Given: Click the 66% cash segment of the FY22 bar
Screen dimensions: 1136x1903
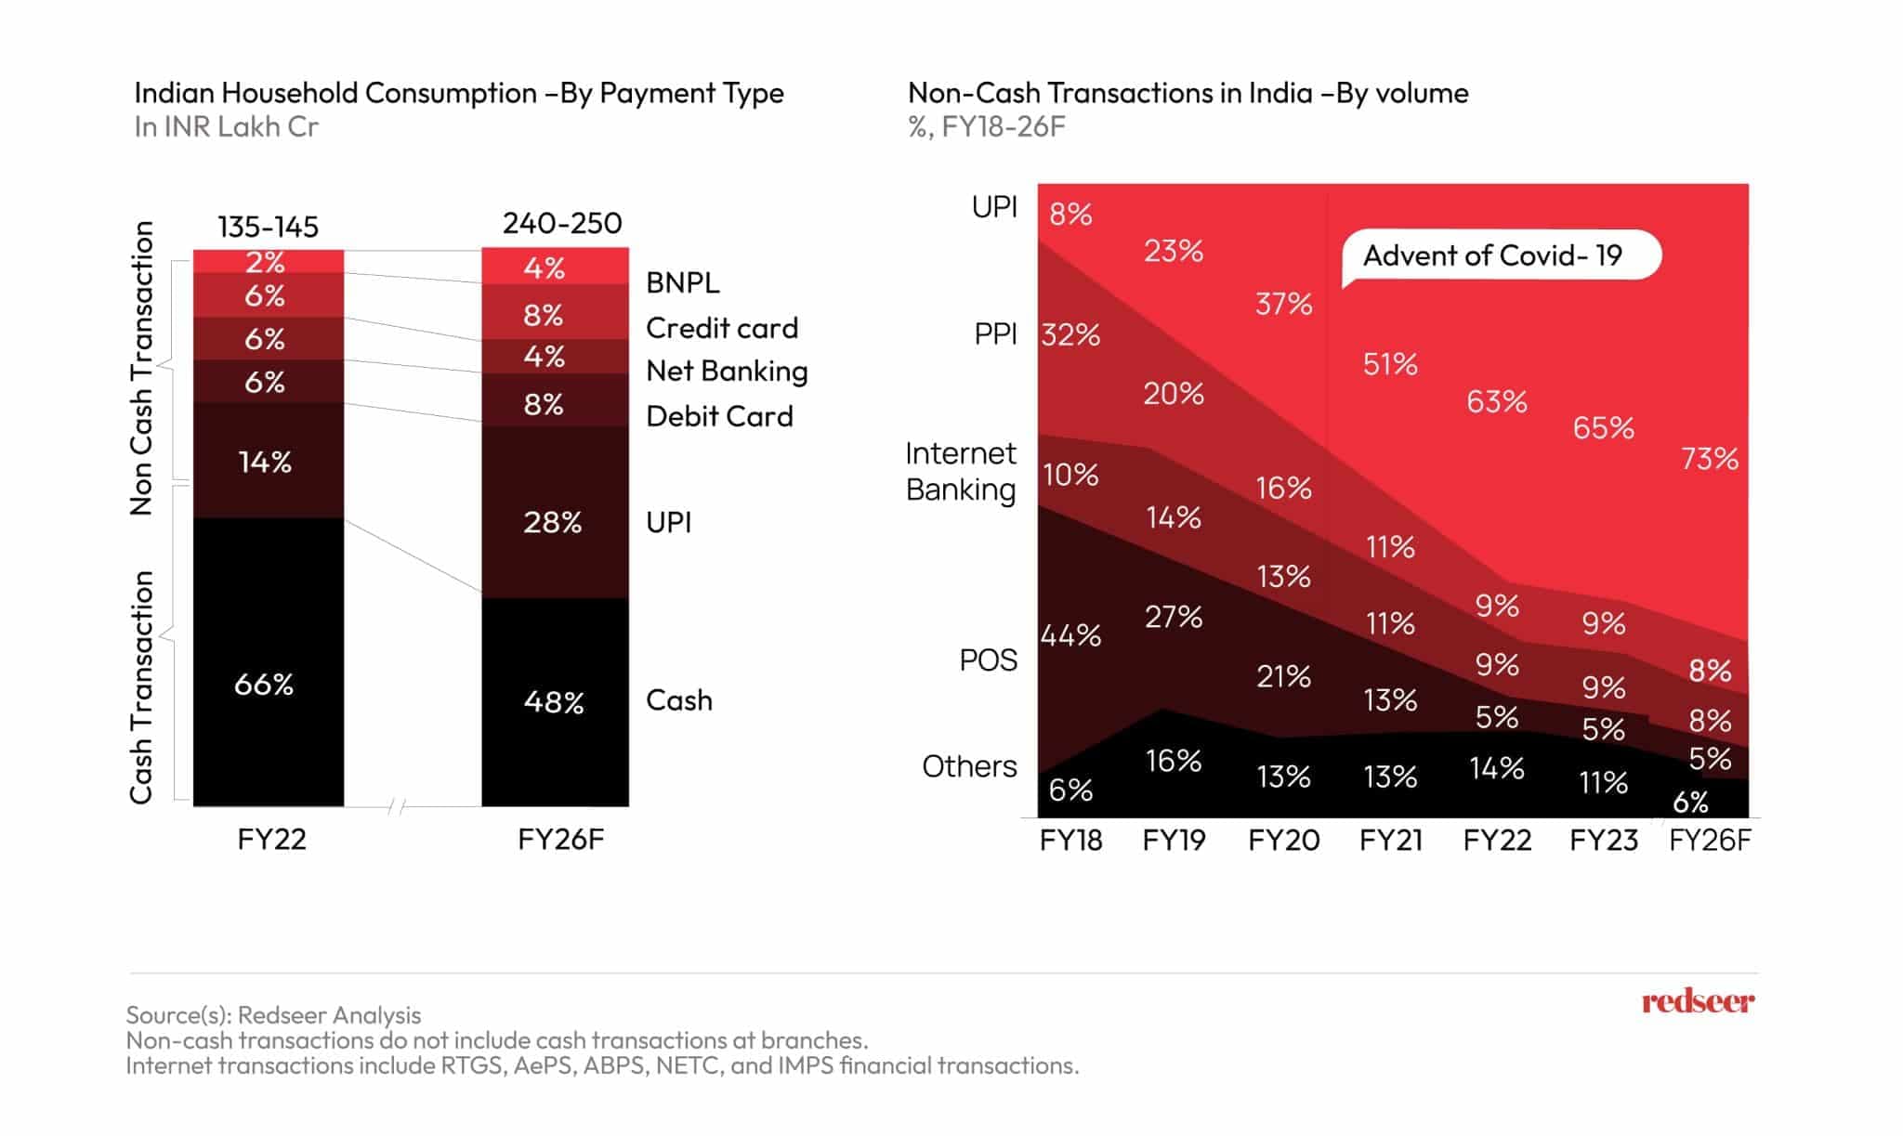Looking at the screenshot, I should (x=265, y=685).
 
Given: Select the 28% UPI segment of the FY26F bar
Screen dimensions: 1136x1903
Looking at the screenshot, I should (x=553, y=522).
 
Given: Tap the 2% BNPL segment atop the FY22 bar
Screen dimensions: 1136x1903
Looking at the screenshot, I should (x=265, y=262).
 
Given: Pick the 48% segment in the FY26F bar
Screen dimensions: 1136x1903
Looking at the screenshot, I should (x=554, y=701).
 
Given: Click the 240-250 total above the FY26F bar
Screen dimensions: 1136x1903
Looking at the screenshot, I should (x=562, y=223).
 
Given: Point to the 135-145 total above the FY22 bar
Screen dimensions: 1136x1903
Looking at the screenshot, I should (x=268, y=227).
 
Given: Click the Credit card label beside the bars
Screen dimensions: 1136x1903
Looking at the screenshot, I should (x=722, y=328).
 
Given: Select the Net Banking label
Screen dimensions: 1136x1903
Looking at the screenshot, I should (x=727, y=371).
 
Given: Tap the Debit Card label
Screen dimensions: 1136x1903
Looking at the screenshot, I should (x=719, y=416).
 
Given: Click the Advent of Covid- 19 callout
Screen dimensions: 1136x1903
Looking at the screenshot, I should (x=1492, y=255).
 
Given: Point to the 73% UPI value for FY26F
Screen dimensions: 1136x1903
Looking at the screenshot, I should (x=1709, y=459).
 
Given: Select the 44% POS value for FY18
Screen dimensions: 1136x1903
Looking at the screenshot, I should (x=1070, y=635).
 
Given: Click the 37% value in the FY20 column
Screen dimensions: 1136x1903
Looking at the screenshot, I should (x=1283, y=304).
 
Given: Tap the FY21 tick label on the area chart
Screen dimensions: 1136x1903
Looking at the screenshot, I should (x=1390, y=841).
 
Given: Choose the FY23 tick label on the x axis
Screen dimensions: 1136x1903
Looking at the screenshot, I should (x=1603, y=841).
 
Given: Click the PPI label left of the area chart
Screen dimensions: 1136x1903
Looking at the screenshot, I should (x=995, y=333).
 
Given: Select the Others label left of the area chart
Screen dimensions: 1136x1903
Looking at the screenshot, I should (x=969, y=766).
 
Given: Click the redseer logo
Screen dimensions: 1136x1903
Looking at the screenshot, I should (x=1698, y=1001).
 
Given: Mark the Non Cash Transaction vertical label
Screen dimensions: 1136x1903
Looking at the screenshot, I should (x=141, y=368).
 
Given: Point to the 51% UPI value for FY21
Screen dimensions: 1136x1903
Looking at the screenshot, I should (x=1390, y=364).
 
